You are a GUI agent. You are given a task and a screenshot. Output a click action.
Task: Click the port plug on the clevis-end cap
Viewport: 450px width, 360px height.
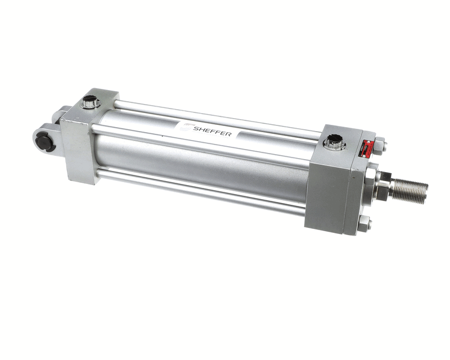[90, 103]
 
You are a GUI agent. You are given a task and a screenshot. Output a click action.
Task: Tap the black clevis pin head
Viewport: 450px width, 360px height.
[44, 141]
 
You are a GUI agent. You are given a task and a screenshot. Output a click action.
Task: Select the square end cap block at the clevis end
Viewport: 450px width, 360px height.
[84, 138]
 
